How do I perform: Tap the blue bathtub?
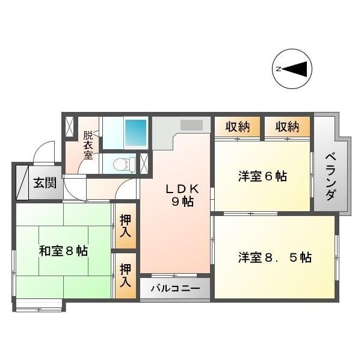(x=135, y=129)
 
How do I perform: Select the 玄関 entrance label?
(x=45, y=182)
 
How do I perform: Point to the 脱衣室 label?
(x=88, y=145)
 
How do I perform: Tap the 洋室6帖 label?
(x=262, y=176)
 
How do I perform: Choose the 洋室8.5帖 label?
(x=274, y=257)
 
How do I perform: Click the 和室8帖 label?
(x=63, y=250)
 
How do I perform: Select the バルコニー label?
(x=174, y=289)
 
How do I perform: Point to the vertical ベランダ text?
(x=330, y=177)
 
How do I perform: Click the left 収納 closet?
(x=238, y=127)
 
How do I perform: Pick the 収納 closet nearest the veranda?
(x=287, y=127)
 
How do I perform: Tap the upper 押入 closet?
(x=126, y=224)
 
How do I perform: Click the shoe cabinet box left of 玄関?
(x=22, y=181)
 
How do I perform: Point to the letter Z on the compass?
(x=279, y=69)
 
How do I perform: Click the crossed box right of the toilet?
(x=144, y=163)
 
